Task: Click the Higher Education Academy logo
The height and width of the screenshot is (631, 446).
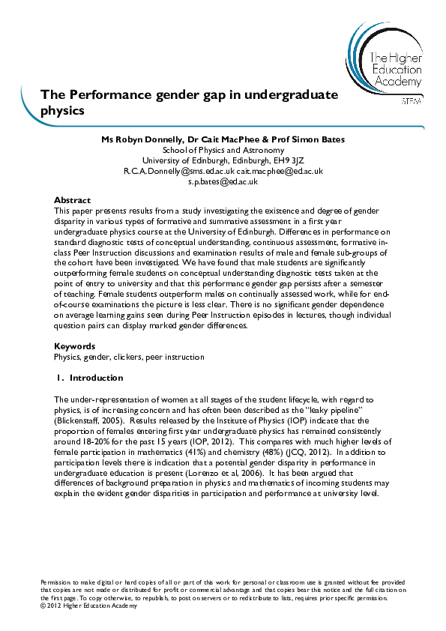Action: point(382,64)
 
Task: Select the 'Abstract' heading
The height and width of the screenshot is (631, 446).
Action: point(72,200)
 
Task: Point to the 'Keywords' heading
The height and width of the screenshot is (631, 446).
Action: point(75,346)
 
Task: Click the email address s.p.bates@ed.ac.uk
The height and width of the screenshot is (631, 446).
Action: point(223,181)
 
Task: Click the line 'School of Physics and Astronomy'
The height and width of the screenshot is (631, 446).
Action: point(223,149)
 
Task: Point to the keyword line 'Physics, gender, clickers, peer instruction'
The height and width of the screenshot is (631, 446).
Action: point(129,357)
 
